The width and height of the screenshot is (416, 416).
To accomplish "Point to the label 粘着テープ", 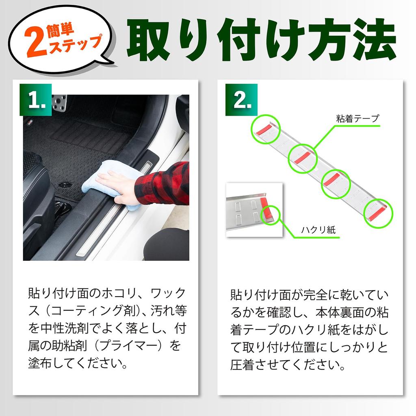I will tap(357, 119).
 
